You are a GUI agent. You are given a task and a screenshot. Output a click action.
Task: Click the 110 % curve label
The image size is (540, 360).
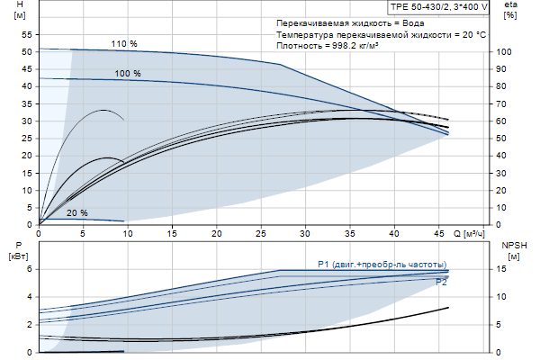pyautogui.click(x=124, y=44)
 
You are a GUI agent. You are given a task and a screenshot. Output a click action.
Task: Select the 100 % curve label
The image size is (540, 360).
pyautogui.click(x=127, y=74)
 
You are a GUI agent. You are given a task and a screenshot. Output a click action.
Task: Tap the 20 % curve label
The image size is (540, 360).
pyautogui.click(x=77, y=213)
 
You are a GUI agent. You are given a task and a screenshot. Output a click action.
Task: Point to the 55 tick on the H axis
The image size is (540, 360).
pyautogui.click(x=27, y=35)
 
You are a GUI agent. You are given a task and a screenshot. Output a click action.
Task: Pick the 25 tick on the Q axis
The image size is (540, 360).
pyautogui.click(x=260, y=233)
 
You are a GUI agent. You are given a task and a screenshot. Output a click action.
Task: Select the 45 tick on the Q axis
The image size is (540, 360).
pyautogui.click(x=437, y=233)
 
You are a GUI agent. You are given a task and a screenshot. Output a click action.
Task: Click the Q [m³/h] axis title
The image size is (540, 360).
pyautogui.click(x=473, y=233)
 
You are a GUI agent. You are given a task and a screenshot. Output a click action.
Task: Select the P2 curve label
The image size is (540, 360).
pyautogui.click(x=441, y=283)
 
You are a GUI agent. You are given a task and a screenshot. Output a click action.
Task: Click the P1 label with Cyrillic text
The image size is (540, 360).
pyautogui.click(x=382, y=264)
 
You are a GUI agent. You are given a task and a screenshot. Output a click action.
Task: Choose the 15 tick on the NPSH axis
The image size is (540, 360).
pyautogui.click(x=503, y=268)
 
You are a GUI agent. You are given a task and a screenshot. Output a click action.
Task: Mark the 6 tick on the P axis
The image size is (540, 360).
pyautogui.click(x=28, y=268)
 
